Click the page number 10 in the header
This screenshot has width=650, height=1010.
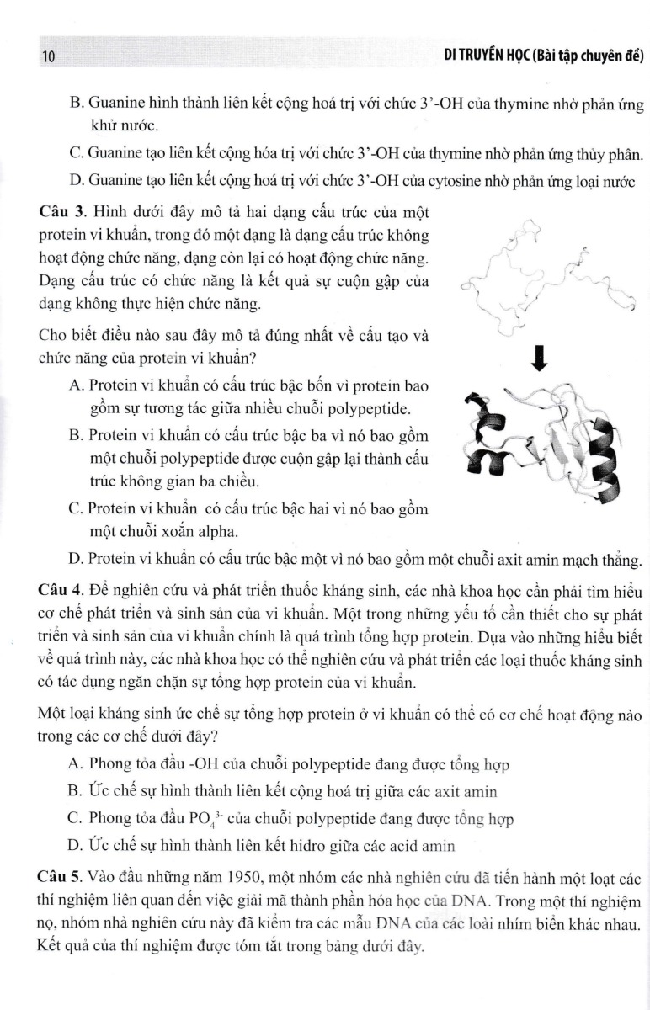tap(46, 57)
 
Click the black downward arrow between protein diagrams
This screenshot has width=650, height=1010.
tap(540, 359)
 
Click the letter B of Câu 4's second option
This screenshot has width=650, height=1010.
tap(73, 791)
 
